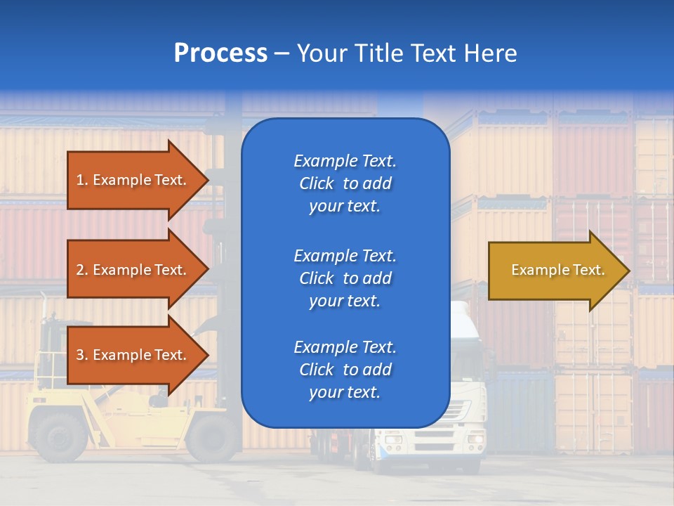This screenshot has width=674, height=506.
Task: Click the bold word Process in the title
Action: [220, 53]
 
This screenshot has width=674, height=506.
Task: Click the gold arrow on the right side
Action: [555, 271]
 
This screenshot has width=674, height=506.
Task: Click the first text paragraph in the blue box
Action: [345, 183]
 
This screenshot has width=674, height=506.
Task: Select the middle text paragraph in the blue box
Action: [345, 278]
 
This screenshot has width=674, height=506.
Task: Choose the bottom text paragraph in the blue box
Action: [345, 370]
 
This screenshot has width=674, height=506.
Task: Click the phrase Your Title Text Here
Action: [407, 53]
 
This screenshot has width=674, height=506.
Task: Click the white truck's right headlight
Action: [477, 439]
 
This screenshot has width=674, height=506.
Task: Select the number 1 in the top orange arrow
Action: [80, 180]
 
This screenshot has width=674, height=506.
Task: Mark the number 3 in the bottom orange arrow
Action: [80, 355]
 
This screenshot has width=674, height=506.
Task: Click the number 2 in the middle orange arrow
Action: [80, 270]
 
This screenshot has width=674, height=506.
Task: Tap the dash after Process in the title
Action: [282, 54]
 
